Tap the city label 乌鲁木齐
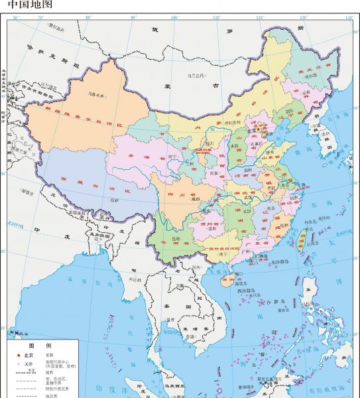click(97, 94)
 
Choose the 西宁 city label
click(174, 157)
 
